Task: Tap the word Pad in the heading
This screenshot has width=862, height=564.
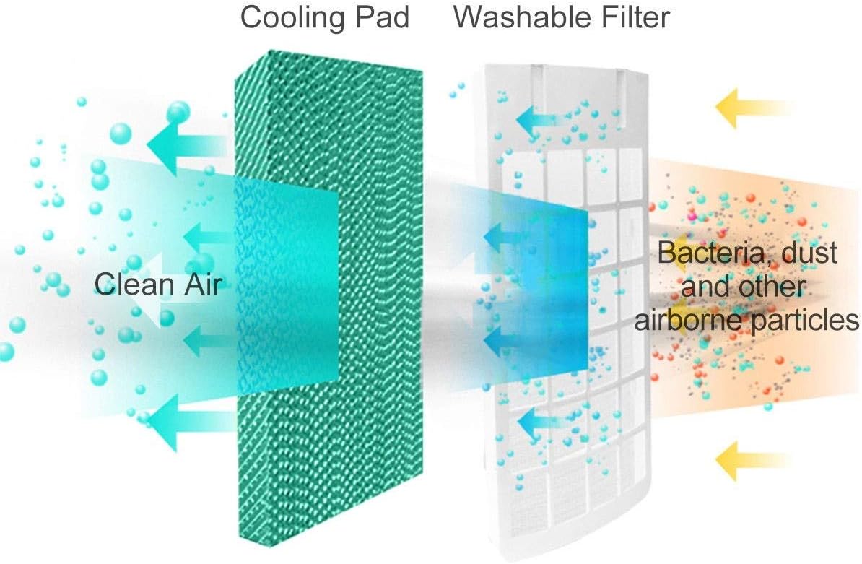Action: (383, 17)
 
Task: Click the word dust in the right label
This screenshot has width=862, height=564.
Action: (811, 253)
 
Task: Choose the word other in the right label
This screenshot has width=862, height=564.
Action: (771, 287)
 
